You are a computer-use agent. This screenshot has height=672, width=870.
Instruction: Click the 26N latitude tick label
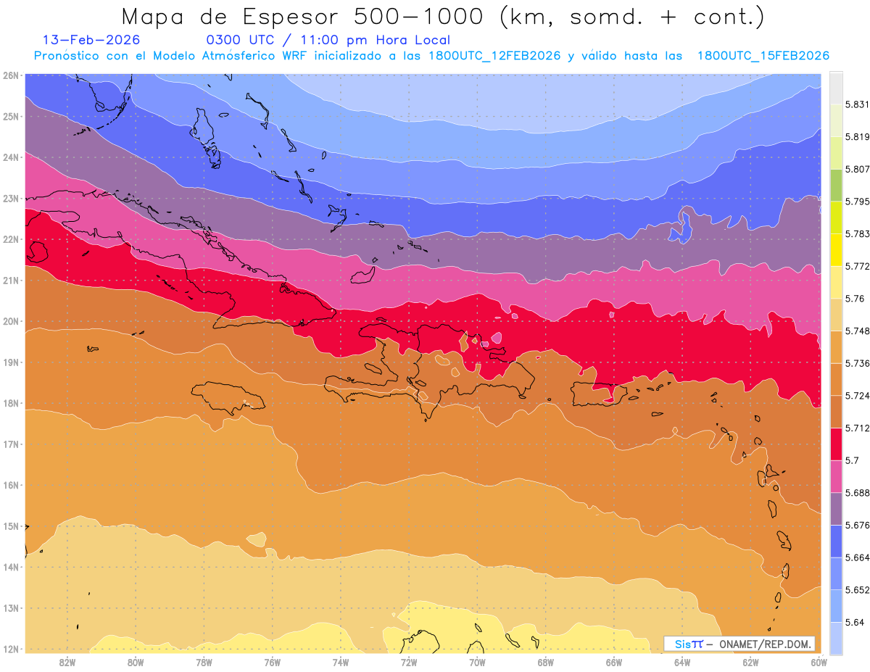[10, 75]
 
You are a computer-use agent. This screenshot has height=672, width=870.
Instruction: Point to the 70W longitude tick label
[476, 662]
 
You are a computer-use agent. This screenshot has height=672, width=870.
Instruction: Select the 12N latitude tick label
[10, 649]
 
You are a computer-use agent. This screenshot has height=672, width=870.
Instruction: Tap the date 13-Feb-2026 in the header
[91, 40]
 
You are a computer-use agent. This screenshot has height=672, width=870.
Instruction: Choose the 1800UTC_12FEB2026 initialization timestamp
[494, 56]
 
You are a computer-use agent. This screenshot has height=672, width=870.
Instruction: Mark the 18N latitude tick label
[10, 403]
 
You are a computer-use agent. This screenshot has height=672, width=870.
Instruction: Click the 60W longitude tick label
[819, 662]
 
